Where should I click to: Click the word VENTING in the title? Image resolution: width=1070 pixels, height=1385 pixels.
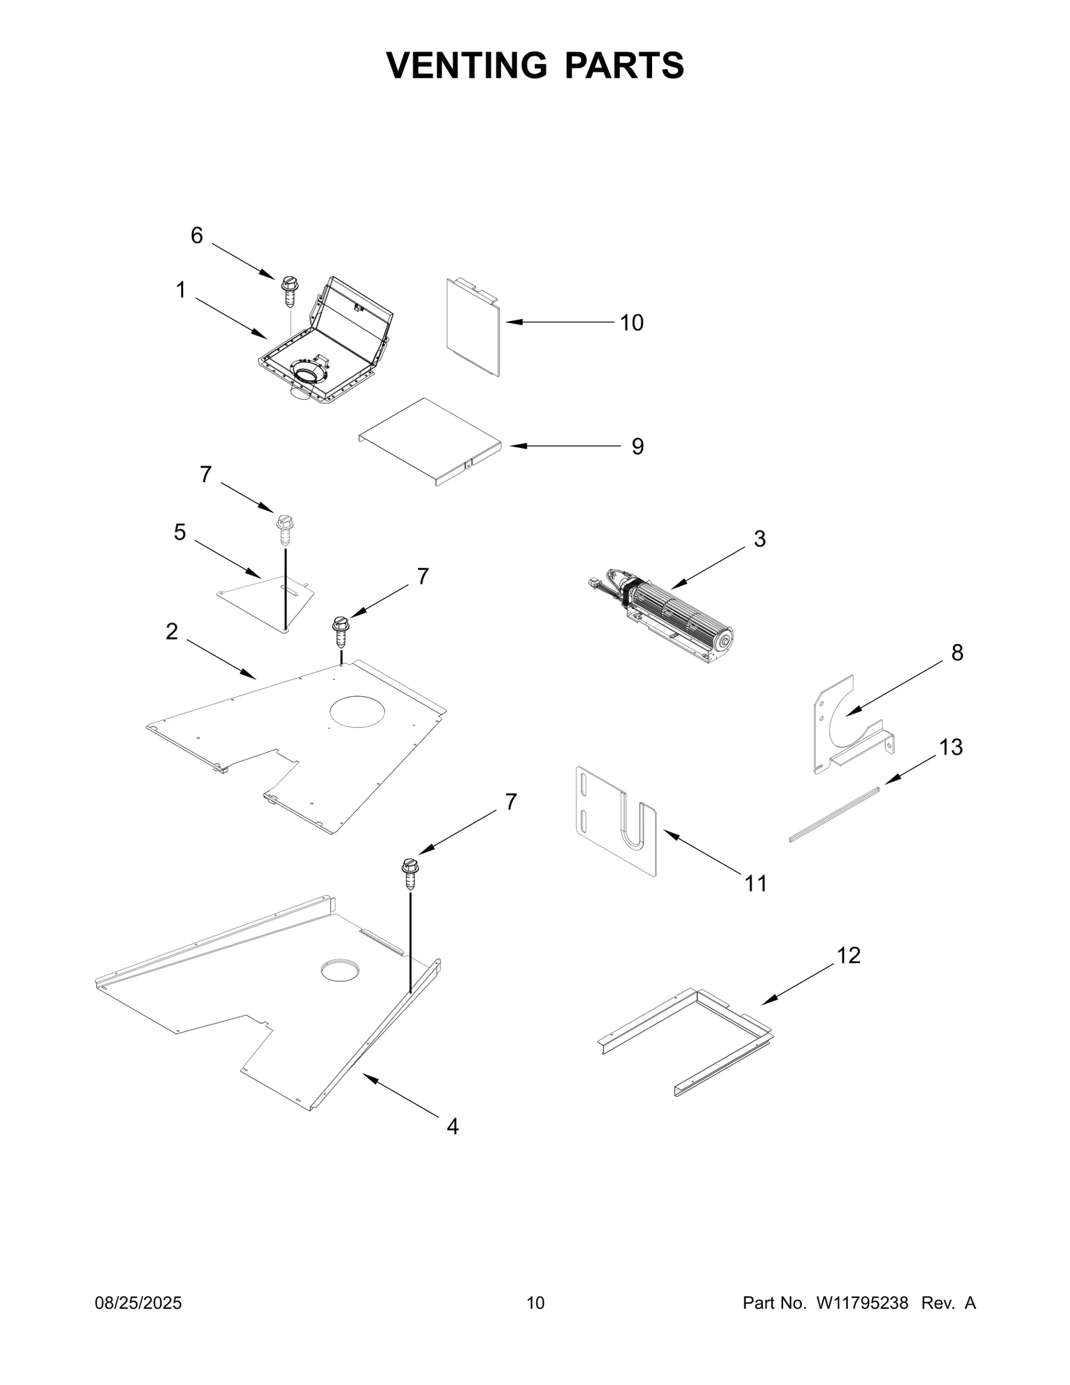(466, 66)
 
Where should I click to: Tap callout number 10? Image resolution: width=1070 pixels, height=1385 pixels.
(631, 323)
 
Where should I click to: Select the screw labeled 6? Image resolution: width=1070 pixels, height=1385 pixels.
(289, 291)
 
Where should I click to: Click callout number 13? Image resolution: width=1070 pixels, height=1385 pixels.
(950, 747)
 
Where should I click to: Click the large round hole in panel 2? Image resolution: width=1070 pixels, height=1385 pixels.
(358, 711)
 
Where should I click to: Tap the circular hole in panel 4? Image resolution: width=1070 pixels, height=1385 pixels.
(340, 970)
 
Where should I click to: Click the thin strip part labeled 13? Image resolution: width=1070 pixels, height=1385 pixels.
(833, 814)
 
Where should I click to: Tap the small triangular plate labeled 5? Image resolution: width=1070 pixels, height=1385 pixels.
(267, 599)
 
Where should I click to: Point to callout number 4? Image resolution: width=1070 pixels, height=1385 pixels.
(453, 1127)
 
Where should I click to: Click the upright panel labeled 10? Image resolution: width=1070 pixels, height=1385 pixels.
(471, 328)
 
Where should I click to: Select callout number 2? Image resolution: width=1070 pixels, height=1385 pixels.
(172, 631)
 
